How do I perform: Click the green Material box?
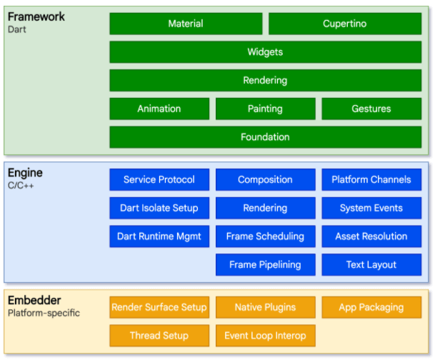coord(186,24)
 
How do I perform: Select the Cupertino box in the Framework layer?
coord(344,24)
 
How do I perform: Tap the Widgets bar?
coord(265,52)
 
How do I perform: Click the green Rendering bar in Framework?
coord(265,80)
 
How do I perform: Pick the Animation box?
coord(159,109)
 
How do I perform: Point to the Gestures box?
coord(371,109)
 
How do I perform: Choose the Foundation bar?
coord(265,136)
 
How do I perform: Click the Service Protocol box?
coord(159,180)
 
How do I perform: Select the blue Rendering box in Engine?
coord(265,208)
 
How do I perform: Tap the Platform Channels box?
coord(371,180)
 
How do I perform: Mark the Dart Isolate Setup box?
coord(159,208)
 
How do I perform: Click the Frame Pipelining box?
coord(265,264)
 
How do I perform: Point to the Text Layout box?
coord(371,264)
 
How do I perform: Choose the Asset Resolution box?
coord(371,236)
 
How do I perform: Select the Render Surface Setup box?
coord(159,307)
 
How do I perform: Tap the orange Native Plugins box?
coord(265,307)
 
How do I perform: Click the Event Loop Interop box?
coord(265,335)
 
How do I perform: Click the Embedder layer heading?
coord(34,301)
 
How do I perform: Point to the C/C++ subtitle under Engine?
coord(21,186)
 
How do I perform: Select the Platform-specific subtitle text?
coord(44,314)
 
